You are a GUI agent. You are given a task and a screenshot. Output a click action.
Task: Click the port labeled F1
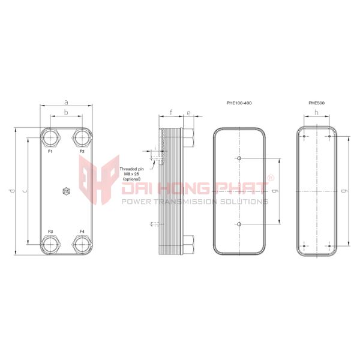[x=50, y=137]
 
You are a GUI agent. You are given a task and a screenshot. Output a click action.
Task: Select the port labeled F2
[x=82, y=137]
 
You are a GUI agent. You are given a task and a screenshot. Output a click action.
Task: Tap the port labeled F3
[x=50, y=244]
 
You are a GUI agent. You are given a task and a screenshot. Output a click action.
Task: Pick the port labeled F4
[x=82, y=244]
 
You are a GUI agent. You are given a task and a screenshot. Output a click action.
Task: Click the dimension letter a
[x=67, y=102]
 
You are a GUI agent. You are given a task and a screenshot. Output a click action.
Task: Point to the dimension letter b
[x=66, y=113]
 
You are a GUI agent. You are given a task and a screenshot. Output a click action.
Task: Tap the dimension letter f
[x=171, y=113]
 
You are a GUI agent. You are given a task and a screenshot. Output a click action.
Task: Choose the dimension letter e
[x=188, y=113]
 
